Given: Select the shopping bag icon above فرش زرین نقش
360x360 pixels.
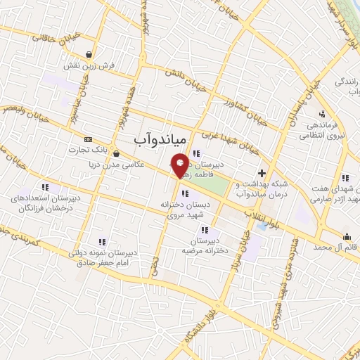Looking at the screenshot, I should point(89,54).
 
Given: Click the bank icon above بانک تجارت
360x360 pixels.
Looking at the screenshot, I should point(87,139).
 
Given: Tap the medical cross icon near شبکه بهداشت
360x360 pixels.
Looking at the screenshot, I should point(262,172).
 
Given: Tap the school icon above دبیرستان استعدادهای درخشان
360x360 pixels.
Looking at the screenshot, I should point(46,187).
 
